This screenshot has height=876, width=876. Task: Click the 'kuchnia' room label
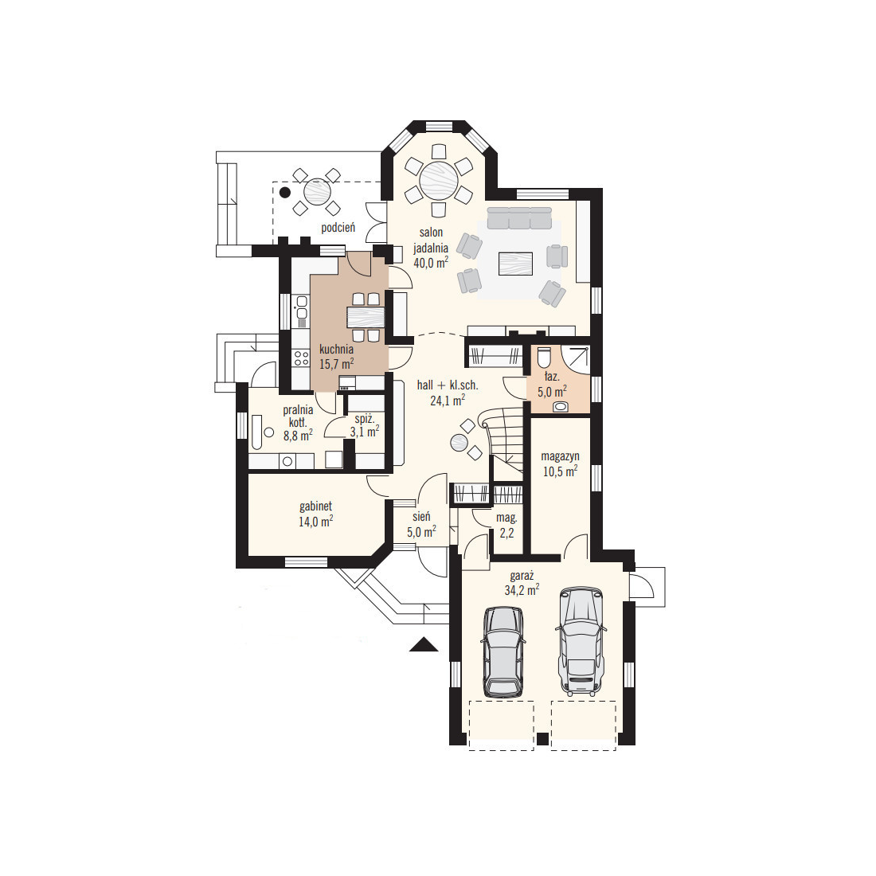[336, 350]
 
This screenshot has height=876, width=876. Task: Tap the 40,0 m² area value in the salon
[431, 262]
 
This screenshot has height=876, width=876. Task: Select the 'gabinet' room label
[315, 506]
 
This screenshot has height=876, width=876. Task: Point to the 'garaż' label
[522, 576]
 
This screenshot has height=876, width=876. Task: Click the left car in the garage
[503, 651]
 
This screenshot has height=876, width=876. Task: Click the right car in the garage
[581, 641]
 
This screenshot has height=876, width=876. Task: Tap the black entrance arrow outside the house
[424, 645]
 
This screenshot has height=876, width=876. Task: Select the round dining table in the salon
[439, 181]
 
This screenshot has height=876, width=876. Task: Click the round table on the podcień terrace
[317, 192]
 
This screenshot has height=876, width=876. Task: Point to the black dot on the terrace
[285, 193]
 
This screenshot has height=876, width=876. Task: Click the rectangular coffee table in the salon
[515, 264]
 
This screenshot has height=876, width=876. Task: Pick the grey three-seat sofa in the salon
[519, 218]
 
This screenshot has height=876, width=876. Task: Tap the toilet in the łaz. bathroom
[544, 358]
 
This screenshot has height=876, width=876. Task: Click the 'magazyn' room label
[561, 456]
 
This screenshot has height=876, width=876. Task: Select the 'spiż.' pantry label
[364, 418]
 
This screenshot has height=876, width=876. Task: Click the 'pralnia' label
[298, 410]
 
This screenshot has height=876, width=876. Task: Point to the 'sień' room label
[421, 517]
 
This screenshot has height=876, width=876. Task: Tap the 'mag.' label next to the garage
[506, 518]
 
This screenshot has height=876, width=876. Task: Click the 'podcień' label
[338, 228]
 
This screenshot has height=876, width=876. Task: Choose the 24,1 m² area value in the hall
[448, 400]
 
